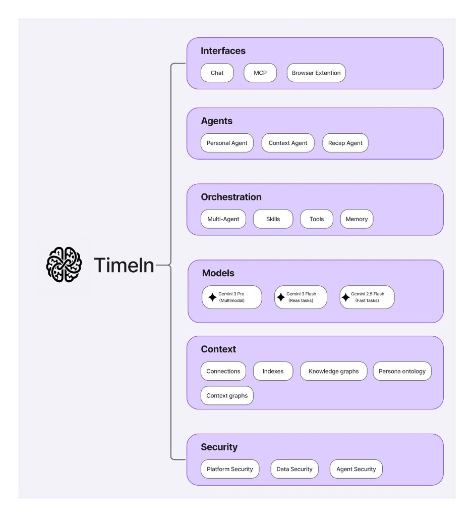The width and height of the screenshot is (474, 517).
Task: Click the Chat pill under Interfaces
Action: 217,73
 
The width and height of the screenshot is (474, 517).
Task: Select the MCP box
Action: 260,73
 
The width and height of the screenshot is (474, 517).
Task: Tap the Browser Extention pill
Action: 316,73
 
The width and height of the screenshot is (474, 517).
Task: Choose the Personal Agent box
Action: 227,143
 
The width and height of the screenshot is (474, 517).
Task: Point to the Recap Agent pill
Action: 345,143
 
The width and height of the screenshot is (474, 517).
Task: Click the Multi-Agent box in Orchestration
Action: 223,219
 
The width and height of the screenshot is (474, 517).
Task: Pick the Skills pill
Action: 273,219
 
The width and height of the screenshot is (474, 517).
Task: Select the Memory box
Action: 357,219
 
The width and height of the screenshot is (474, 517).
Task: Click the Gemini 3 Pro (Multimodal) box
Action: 232,297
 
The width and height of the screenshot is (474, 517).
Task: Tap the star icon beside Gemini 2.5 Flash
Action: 345,297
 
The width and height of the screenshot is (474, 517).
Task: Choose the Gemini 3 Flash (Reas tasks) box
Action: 301,297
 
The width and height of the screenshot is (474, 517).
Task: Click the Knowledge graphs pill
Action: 333,371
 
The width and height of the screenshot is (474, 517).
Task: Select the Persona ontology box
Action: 402,371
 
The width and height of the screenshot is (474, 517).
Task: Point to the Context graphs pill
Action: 227,395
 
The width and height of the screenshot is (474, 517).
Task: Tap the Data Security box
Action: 294,469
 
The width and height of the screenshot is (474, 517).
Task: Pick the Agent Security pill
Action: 356,469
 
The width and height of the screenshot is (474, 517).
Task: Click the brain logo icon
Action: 64,265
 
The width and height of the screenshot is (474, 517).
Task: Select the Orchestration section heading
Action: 231,197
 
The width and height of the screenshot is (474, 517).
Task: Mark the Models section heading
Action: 218,273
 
